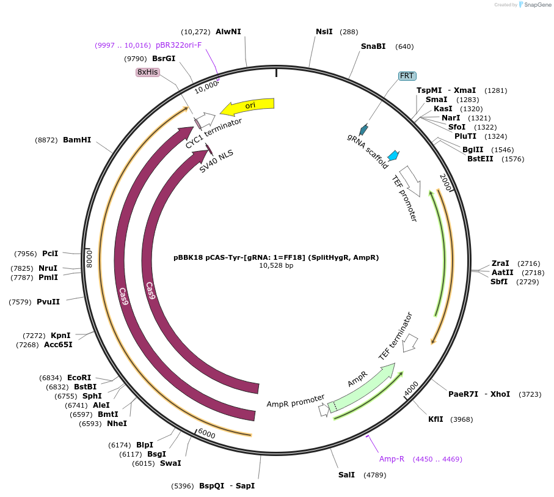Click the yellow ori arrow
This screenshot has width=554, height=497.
(x=247, y=106)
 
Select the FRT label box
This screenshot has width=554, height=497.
(x=407, y=76)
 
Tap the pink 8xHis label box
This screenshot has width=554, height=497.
(x=148, y=72)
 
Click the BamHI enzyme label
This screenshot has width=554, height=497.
(x=77, y=140)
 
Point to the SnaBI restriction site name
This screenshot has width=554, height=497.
(x=373, y=46)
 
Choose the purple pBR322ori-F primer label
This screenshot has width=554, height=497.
(x=178, y=45)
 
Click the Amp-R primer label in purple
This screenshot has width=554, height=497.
(x=392, y=459)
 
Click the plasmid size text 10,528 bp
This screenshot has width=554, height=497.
(x=276, y=266)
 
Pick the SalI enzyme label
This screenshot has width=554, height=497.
(x=346, y=475)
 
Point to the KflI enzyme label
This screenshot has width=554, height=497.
(x=436, y=419)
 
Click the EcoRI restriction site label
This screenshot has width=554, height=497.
(x=79, y=378)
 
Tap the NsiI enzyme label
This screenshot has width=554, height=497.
(x=324, y=32)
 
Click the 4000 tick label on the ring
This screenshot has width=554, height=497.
(x=411, y=387)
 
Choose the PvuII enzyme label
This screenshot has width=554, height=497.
(x=48, y=301)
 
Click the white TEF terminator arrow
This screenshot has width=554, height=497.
(x=410, y=342)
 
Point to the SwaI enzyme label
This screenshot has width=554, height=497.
(x=170, y=463)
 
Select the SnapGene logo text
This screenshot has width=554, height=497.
(x=534, y=5)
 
